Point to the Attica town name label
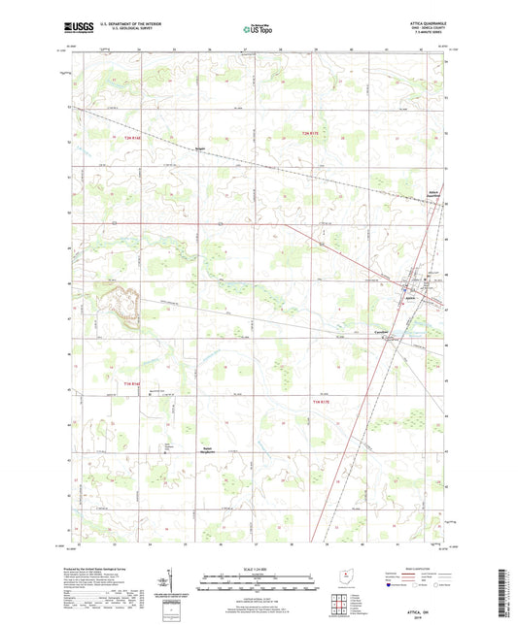tap(409, 300)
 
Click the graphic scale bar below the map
tap(259, 582)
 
